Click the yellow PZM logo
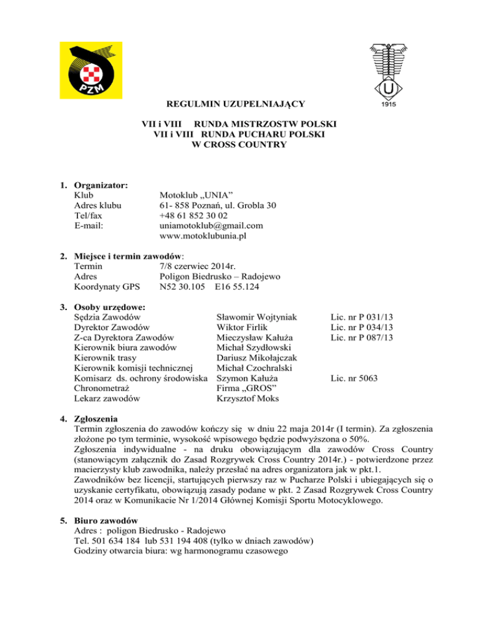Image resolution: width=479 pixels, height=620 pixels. click(x=91, y=70)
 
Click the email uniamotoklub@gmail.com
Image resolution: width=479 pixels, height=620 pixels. click(x=211, y=225)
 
